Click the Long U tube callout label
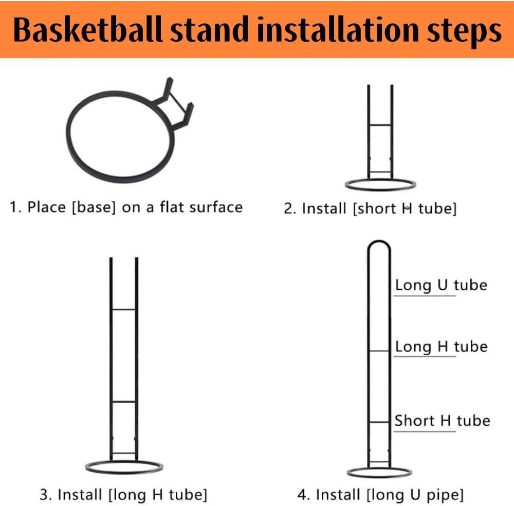440,285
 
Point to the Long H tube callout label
440,346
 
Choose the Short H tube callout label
442,421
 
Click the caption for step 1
126,207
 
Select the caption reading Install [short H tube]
370,208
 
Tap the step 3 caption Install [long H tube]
124,495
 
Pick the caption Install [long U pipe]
380,495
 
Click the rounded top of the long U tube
379,244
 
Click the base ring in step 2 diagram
380,184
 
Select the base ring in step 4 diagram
379,472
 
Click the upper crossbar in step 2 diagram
380,125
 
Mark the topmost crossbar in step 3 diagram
123,309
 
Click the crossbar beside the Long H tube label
379,351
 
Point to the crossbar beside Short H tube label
379,422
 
